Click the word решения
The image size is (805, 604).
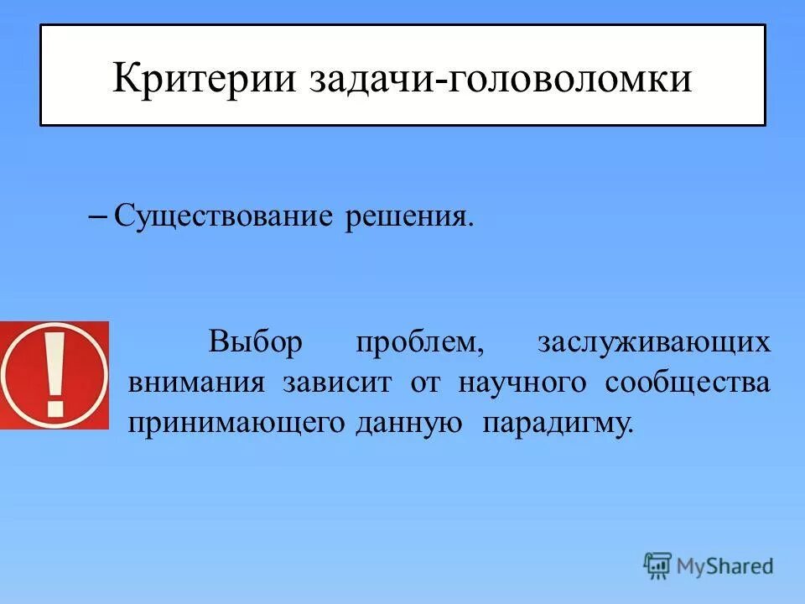(x=406, y=217)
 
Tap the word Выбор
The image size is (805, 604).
(x=254, y=343)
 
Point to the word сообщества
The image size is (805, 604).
(x=687, y=383)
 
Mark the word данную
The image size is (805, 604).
(x=409, y=422)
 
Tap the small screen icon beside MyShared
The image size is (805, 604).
(x=657, y=565)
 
